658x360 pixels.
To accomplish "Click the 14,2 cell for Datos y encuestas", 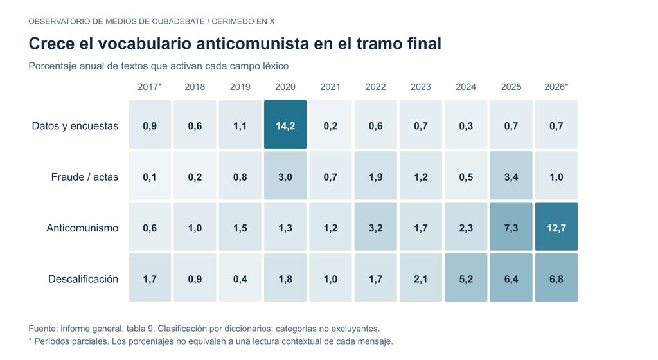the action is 285,124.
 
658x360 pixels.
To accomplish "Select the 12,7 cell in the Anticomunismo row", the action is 556,226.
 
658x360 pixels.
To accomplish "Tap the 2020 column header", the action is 285,87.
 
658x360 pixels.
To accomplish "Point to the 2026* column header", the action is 556,87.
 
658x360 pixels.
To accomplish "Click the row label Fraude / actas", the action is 85,177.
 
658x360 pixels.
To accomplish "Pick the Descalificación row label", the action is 83,279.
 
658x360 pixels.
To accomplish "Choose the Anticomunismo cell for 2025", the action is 511,226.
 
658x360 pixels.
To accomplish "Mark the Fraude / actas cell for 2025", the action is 511,175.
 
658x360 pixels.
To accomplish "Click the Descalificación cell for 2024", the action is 466,277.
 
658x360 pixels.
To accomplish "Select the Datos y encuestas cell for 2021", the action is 330,124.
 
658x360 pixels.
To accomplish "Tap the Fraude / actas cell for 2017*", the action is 150,175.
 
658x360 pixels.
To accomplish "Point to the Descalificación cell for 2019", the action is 240,277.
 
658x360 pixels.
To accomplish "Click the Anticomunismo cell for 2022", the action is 375,226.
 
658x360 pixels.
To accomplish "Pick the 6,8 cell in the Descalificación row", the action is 556,277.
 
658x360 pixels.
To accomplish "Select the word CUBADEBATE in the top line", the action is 179,21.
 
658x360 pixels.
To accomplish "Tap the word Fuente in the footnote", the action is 42,328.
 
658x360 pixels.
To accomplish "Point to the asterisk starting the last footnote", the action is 30,340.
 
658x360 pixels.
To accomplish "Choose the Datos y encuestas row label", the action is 75,126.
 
